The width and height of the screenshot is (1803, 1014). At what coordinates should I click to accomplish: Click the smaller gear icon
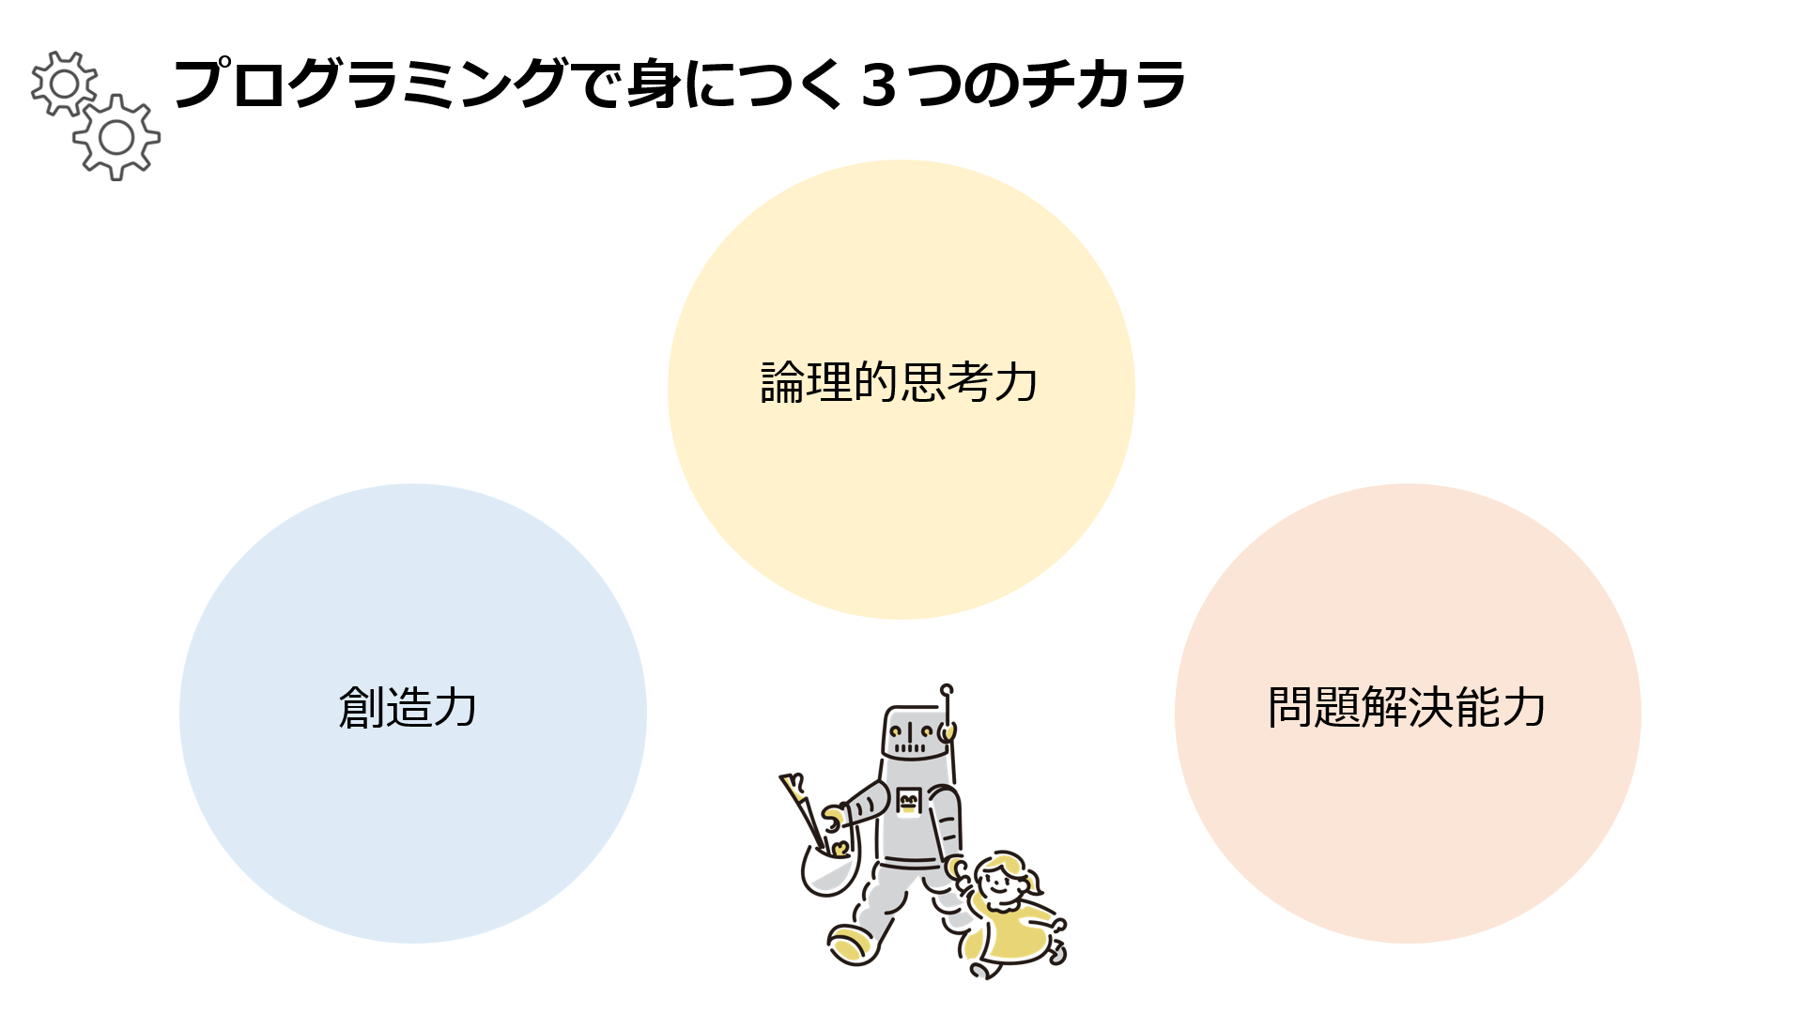tap(64, 84)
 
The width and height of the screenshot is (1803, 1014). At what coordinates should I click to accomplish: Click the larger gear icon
tap(116, 138)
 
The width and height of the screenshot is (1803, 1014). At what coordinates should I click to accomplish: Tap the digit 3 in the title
tap(878, 85)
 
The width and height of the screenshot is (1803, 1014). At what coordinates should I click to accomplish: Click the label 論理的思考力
tap(900, 382)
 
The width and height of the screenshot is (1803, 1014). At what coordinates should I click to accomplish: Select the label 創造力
tap(408, 707)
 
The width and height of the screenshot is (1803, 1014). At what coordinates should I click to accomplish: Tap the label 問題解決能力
tap(1407, 707)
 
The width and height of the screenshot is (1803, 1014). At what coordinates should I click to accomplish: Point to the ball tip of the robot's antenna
tap(947, 690)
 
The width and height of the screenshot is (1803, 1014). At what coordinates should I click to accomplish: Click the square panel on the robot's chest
tap(908, 802)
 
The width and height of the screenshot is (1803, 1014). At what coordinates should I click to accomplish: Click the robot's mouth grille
tap(909, 748)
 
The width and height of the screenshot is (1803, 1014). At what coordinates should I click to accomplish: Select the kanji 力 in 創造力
tap(455, 707)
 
